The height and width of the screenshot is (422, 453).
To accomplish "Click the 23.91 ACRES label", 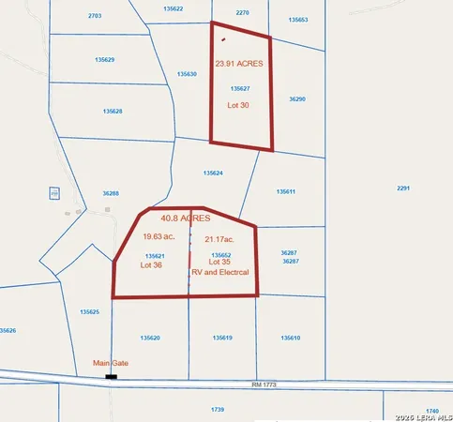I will (x=238, y=64).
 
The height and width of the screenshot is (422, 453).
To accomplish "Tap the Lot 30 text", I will (x=238, y=105).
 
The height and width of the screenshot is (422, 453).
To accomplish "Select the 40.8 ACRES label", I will (x=186, y=218).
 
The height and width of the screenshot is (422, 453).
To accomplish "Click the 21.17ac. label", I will (x=219, y=239).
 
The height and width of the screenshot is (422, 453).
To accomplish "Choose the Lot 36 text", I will (x=152, y=264).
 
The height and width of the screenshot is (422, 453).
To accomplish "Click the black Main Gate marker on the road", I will (x=111, y=377).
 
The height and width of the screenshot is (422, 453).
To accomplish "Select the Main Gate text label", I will (x=109, y=362).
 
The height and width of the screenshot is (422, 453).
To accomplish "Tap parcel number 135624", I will (x=213, y=173).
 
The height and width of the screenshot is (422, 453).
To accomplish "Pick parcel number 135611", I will (x=286, y=191).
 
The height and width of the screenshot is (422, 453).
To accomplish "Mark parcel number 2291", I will (x=403, y=188).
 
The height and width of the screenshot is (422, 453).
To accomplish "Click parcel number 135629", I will (x=104, y=59).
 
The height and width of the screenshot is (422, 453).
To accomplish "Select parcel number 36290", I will (x=297, y=98).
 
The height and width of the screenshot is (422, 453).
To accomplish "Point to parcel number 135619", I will (x=222, y=338).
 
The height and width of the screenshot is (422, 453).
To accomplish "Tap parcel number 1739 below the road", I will (x=218, y=409).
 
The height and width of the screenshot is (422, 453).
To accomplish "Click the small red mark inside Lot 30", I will (x=222, y=39).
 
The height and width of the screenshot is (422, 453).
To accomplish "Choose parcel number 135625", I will (x=89, y=311).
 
